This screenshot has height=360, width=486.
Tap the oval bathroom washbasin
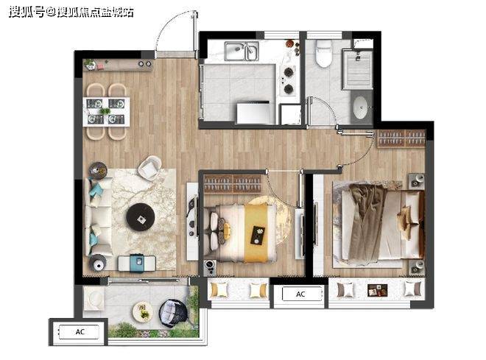361,107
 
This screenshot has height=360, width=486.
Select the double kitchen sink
242,51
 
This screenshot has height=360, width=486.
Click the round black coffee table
141,217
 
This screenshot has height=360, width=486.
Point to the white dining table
106,111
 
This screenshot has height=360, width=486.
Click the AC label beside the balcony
80,332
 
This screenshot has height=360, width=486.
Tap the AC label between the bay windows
300,294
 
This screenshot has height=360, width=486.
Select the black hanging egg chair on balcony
173,313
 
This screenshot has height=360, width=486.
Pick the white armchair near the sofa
149,168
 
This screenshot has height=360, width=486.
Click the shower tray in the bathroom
358,70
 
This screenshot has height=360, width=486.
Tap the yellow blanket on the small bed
256,233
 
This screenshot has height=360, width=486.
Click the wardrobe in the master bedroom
401,138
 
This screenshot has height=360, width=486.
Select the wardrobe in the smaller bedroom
232,184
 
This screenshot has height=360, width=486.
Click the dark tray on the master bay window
377,290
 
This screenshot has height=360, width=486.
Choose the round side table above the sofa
98,171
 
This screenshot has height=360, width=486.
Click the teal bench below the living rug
137,264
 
